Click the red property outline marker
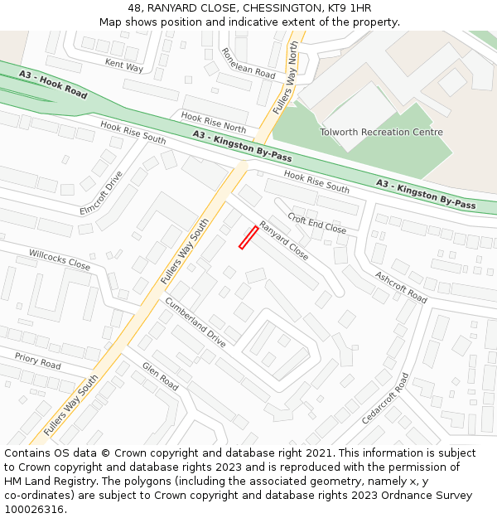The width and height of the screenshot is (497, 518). pyautogui.click(x=248, y=237)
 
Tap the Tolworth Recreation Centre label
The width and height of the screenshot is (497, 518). pyautogui.click(x=381, y=132)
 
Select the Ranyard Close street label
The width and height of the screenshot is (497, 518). pyautogui.click(x=283, y=240)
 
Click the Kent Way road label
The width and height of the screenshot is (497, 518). pyautogui.click(x=124, y=64)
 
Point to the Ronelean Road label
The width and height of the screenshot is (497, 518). pyautogui.click(x=248, y=62)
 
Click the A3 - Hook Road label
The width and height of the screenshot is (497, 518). pyautogui.click(x=53, y=85)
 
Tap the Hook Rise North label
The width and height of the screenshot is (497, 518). pyautogui.click(x=213, y=123)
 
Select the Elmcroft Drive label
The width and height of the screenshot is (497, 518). pyautogui.click(x=101, y=193)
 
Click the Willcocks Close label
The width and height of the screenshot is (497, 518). pyautogui.click(x=60, y=259)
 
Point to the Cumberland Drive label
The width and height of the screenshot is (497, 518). pyautogui.click(x=195, y=322)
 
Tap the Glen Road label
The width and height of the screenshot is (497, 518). pyautogui.click(x=160, y=376)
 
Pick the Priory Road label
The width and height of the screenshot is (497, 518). pyautogui.click(x=37, y=361)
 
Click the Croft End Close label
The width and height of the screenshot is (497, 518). pyautogui.click(x=316, y=222)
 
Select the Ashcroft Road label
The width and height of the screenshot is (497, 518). pyautogui.click(x=401, y=287)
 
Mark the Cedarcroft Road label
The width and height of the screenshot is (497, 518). pyautogui.click(x=385, y=398)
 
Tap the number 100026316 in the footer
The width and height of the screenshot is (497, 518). pyautogui.click(x=33, y=509)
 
